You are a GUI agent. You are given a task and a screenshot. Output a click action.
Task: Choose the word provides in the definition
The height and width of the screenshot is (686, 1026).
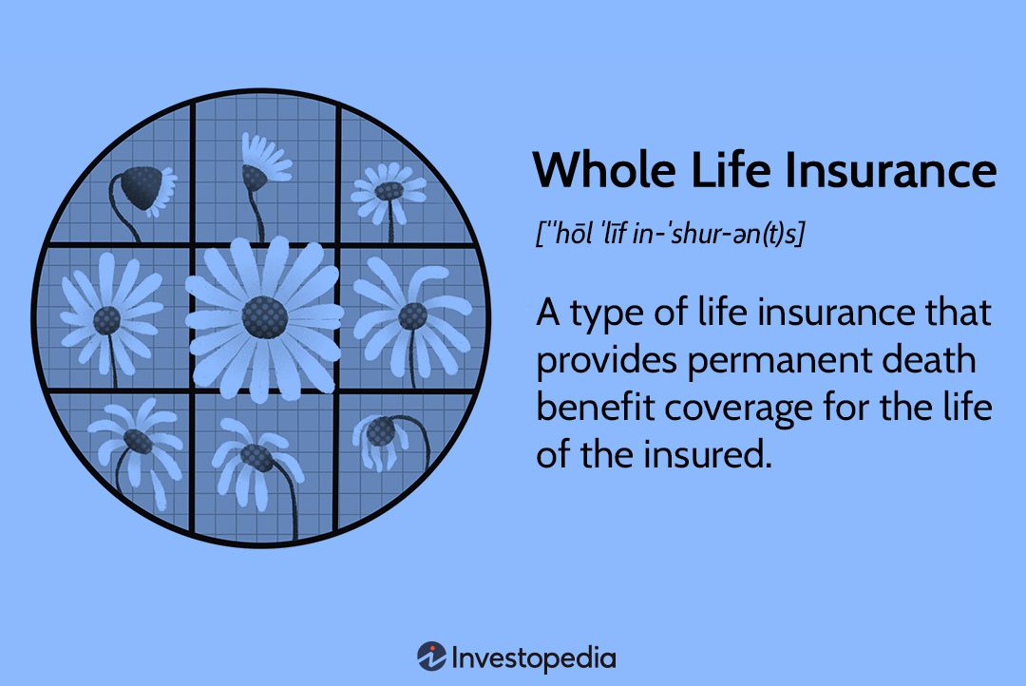[x=601, y=362]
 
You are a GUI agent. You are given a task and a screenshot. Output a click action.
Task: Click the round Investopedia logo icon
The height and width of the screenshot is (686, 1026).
[x=432, y=657]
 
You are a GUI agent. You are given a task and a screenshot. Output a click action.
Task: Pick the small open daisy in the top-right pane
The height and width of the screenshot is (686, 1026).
[x=388, y=191]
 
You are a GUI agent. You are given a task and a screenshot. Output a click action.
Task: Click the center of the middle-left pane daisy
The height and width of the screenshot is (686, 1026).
[x=106, y=320]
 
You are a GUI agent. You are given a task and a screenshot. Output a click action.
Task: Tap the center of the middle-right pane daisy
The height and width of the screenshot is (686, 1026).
[x=411, y=315]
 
